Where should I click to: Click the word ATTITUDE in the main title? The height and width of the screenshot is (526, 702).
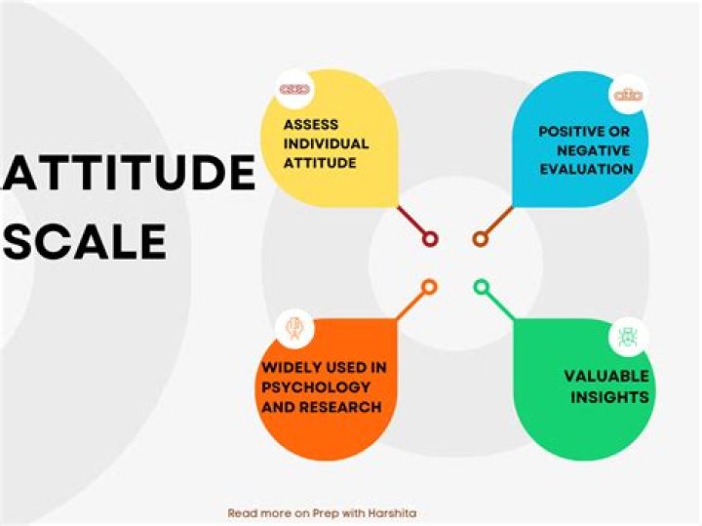pos(128,175)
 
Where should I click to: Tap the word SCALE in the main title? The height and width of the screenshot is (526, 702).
pos(84,242)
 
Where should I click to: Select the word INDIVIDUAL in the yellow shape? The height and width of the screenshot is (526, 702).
pos(326,143)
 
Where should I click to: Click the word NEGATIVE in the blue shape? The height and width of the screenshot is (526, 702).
pos(595,150)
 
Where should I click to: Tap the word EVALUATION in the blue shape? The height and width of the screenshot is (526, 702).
pos(585,169)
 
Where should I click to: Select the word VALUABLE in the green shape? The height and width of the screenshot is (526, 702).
pos(607,376)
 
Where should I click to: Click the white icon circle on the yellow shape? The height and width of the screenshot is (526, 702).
pos(293,89)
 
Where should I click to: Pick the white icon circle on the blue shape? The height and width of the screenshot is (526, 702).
pos(627,95)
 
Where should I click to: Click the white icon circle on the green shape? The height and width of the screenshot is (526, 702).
pos(627,338)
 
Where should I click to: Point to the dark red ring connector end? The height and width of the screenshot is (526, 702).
pos(430,238)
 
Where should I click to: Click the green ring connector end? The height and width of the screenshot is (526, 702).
pos(481,287)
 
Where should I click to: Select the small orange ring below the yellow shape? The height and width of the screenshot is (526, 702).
pos(429,287)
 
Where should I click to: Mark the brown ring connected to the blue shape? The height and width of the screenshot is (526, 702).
pos(480,238)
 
